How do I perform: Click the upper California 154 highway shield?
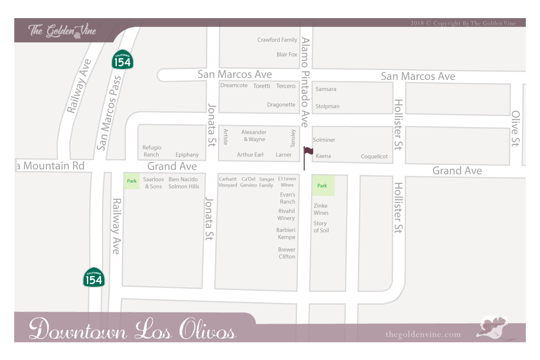click(x=122, y=60)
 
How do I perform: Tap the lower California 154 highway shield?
click(x=94, y=277)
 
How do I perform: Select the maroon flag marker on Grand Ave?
click(x=308, y=151)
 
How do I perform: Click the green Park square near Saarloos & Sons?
click(x=132, y=181)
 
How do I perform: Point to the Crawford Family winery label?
click(x=277, y=40)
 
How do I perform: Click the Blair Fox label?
click(x=287, y=55)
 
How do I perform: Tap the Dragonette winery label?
click(x=281, y=105)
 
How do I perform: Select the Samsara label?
click(x=326, y=89)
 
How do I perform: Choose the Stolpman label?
click(x=327, y=106)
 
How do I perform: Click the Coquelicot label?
click(x=374, y=157)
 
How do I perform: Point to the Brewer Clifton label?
click(x=287, y=253)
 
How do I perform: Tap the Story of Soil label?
click(x=321, y=227)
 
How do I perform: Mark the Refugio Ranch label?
click(x=152, y=151)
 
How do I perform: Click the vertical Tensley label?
click(x=293, y=138)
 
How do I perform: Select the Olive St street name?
click(x=515, y=128)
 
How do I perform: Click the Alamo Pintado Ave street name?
click(x=305, y=82)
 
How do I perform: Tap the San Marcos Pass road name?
click(x=109, y=113)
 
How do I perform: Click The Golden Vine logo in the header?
click(x=63, y=31)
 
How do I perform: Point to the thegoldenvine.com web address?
click(x=423, y=334)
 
